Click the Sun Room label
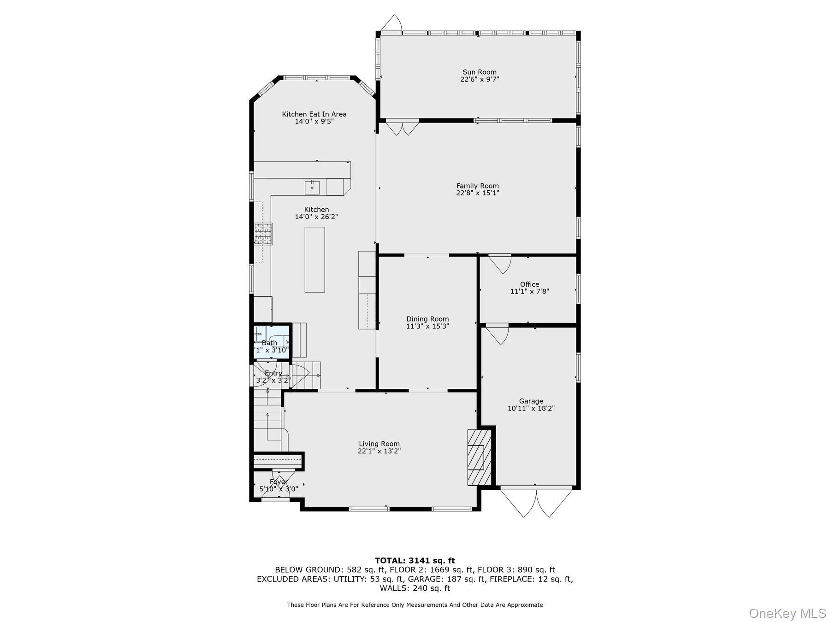[x=480, y=72]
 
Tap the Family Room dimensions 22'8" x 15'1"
[x=477, y=194]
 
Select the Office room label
[x=529, y=284]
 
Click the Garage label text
[x=531, y=401]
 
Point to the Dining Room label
[x=427, y=319]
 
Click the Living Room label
[x=379, y=444]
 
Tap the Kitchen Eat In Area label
[x=314, y=114]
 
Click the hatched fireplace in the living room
[x=479, y=457]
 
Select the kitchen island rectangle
[x=314, y=259]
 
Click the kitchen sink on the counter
[x=312, y=187]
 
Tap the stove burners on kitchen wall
[x=263, y=234]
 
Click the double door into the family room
[x=402, y=128]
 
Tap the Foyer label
[x=279, y=482]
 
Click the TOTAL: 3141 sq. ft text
[x=415, y=561]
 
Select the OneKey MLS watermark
[x=787, y=613]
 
